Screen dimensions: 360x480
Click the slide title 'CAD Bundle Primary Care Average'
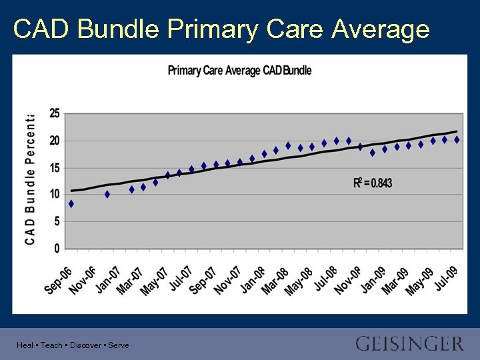coord(221,29)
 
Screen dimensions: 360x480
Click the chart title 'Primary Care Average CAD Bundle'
coord(239,70)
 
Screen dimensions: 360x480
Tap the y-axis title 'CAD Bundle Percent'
coord(30,179)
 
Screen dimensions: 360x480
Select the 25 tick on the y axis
coord(54,113)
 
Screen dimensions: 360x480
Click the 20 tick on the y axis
coord(54,141)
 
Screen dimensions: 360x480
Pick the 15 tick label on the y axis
coord(54,168)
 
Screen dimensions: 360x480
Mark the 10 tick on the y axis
coord(54,195)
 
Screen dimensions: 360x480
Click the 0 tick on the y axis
coord(57,249)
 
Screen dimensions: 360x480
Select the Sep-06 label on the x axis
coord(59,279)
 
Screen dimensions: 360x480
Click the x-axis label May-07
coord(155,279)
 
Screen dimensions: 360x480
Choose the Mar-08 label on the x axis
coord(275,279)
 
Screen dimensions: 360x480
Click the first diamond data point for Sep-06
coord(71,204)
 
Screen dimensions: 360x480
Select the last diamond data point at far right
coord(457,140)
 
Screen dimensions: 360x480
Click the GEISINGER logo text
coord(409,344)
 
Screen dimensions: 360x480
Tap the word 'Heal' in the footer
coord(25,345)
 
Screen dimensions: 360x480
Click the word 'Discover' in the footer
coord(85,345)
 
